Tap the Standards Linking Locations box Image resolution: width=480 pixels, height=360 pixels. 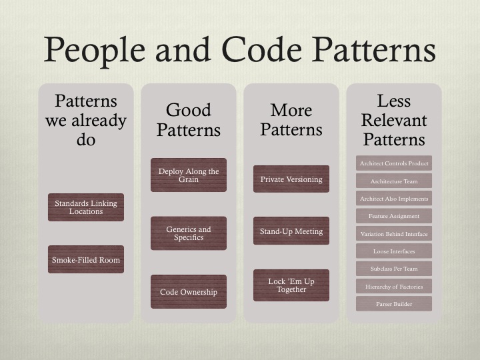point(86,207)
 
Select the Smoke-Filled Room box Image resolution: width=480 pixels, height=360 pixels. point(86,259)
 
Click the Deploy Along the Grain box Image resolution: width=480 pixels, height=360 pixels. point(189,175)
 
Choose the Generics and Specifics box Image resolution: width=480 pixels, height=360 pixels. point(189,233)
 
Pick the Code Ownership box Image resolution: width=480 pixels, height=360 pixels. point(189,291)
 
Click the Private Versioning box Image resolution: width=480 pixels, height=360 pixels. point(291,179)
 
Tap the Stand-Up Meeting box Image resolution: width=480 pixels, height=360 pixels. point(291,231)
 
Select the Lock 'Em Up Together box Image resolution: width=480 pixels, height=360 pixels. point(291,285)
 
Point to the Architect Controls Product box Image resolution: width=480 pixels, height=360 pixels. point(394,163)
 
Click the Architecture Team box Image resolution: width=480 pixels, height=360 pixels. point(394,181)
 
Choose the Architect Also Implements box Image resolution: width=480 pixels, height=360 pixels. point(394,199)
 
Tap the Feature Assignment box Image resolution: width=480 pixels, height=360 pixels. point(394,216)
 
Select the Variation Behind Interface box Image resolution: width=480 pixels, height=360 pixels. point(394,233)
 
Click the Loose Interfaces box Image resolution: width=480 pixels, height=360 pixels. point(394,251)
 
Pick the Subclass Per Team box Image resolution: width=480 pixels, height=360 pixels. point(394,269)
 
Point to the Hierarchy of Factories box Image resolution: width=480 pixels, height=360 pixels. point(394,286)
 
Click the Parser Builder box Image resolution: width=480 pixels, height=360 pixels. point(394,304)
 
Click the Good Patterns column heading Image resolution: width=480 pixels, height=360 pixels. point(189,120)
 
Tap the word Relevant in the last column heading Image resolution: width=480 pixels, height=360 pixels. point(394,120)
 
